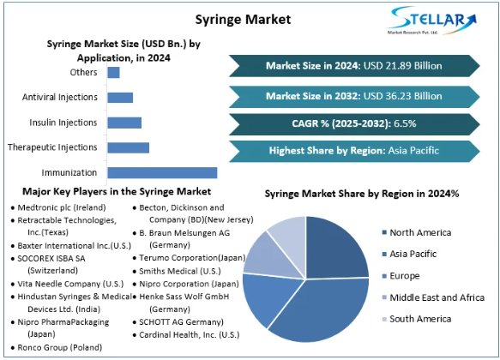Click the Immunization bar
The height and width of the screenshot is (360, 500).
click(x=162, y=172)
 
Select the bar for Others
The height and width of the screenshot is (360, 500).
click(x=113, y=72)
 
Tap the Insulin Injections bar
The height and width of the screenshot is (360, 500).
click(x=124, y=123)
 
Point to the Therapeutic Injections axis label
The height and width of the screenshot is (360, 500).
click(x=52, y=147)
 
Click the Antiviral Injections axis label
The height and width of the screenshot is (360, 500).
click(x=60, y=97)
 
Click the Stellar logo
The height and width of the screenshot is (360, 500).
click(x=431, y=21)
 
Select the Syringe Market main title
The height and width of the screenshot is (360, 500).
click(x=243, y=20)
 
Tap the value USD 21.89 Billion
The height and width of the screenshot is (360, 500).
click(x=403, y=66)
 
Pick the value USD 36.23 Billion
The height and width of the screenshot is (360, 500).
click(x=403, y=96)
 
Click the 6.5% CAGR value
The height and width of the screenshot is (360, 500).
click(x=405, y=123)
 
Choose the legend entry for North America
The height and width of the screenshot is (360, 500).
click(x=417, y=232)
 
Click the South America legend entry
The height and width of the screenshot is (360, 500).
click(x=417, y=319)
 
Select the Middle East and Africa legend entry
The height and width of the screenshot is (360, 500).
click(x=433, y=297)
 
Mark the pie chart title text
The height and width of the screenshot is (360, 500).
click(x=362, y=194)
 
